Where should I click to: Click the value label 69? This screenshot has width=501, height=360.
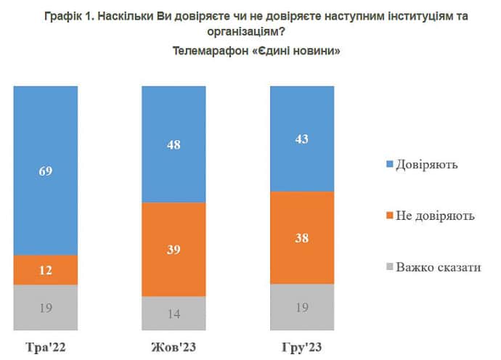pyautogui.click(x=46, y=171)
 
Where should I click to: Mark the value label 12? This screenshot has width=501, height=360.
pyautogui.click(x=46, y=270)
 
